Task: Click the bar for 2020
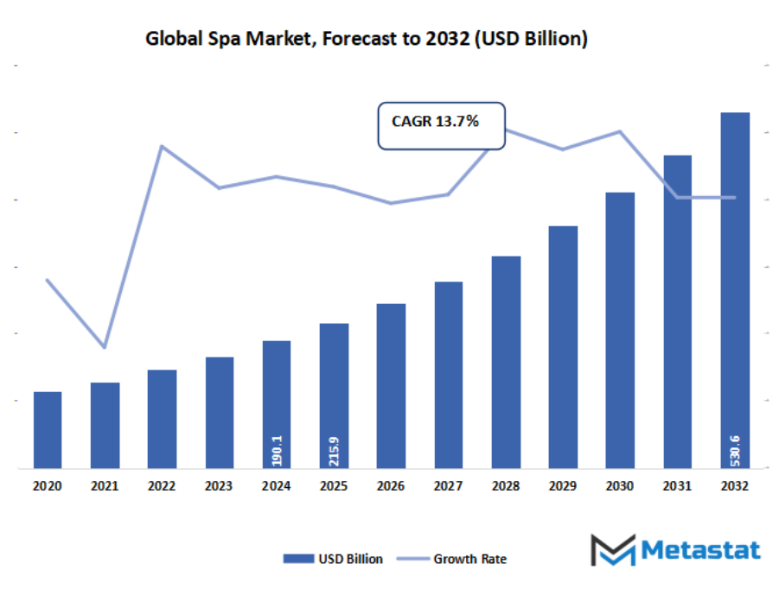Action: point(48,429)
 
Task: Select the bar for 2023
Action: point(219,412)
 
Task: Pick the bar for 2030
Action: point(620,329)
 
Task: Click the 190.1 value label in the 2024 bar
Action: point(277,450)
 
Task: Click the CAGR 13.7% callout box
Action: point(442,126)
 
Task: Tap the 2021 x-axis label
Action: point(105,487)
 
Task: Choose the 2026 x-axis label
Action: point(391,487)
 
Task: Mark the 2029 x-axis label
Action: point(563,487)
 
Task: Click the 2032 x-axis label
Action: point(735,487)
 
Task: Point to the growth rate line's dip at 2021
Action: point(105,347)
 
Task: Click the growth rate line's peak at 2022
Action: point(162,145)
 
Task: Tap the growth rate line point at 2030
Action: point(620,131)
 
